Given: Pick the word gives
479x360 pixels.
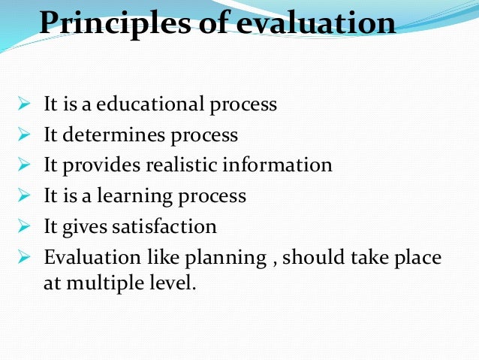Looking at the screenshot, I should pos(84,226).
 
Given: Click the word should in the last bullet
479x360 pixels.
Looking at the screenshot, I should pos(315,257).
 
